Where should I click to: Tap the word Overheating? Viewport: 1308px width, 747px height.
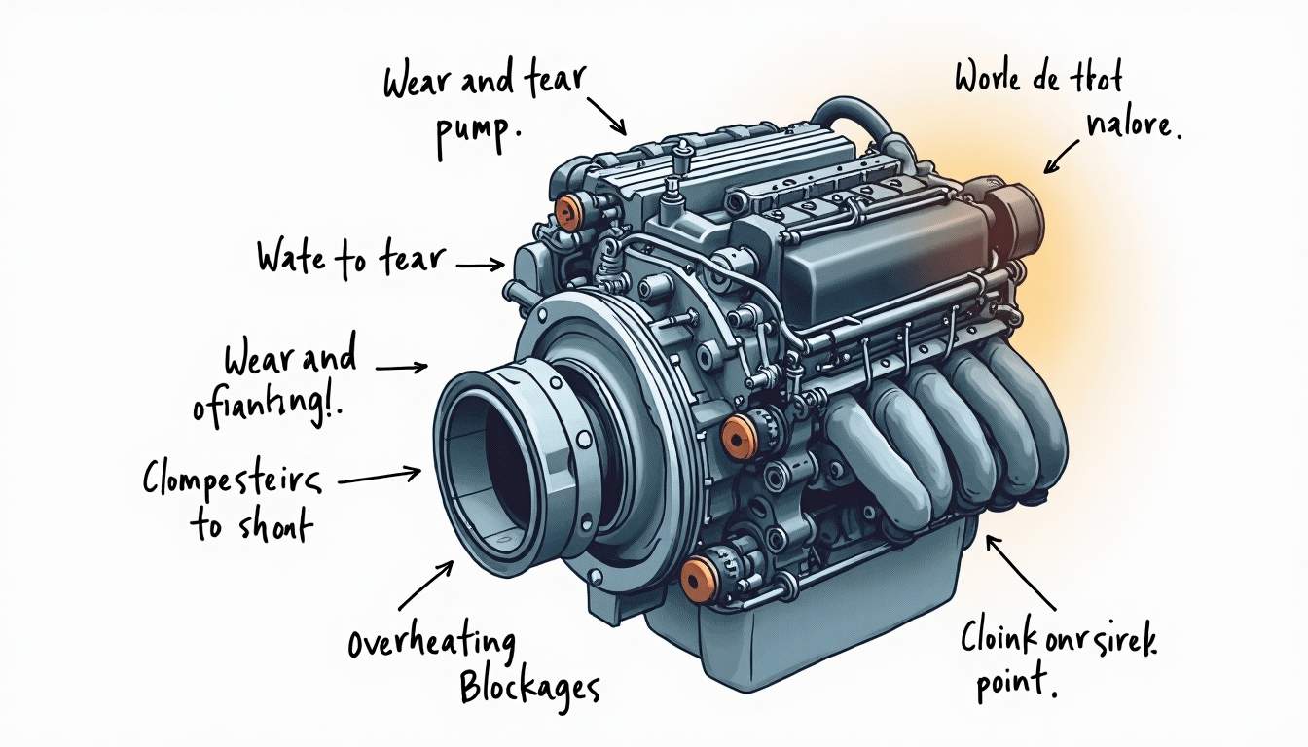[x=430, y=645]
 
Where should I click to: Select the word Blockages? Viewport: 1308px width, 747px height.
[x=528, y=687]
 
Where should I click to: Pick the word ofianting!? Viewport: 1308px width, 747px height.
[x=275, y=405]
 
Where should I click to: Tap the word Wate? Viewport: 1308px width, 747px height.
[x=291, y=258]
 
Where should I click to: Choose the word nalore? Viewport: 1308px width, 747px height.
[x=1131, y=129]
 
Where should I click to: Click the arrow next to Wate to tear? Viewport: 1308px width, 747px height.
[x=479, y=264]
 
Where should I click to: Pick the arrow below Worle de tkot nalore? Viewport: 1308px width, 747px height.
[x=1063, y=157]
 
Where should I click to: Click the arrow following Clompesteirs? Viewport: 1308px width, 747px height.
[x=380, y=476]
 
